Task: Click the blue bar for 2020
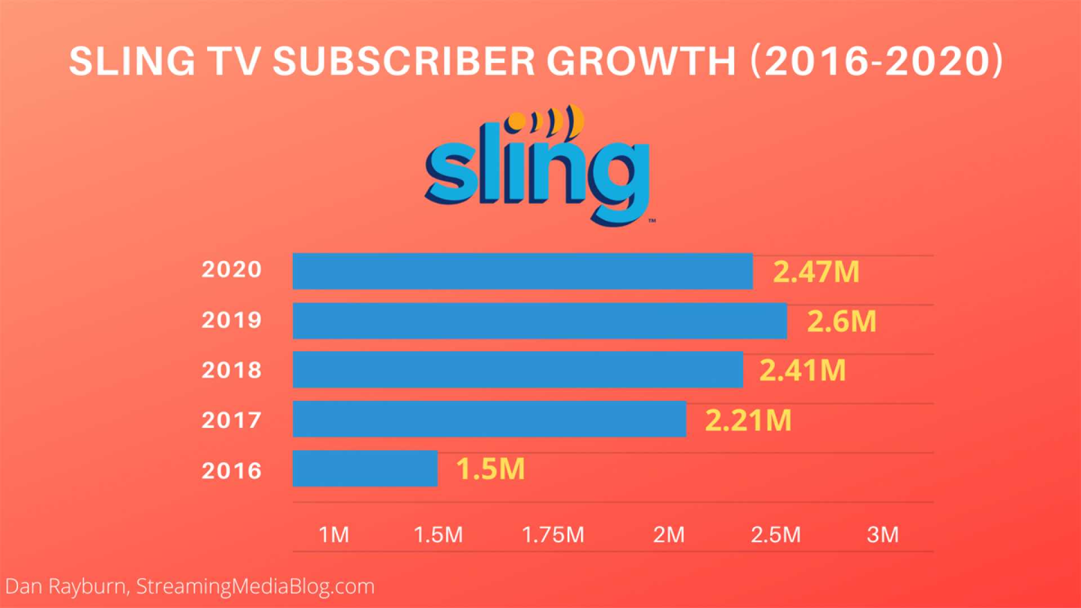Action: pos(522,271)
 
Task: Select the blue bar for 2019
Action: pos(539,320)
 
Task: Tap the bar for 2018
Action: pos(517,369)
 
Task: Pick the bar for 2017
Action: pos(489,419)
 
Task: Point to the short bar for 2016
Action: pos(365,468)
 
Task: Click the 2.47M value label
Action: pos(816,271)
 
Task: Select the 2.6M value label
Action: pos(842,321)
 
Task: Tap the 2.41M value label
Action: pos(802,370)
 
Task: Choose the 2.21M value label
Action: pos(748,420)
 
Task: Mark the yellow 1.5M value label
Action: pos(490,469)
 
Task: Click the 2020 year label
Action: pos(231,270)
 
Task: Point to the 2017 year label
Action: pos(231,420)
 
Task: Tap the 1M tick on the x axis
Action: pos(334,534)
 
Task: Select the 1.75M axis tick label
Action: pos(553,534)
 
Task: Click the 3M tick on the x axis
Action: pos(882,534)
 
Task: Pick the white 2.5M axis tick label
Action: pos(775,534)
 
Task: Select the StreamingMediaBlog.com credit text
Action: pos(255,587)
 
